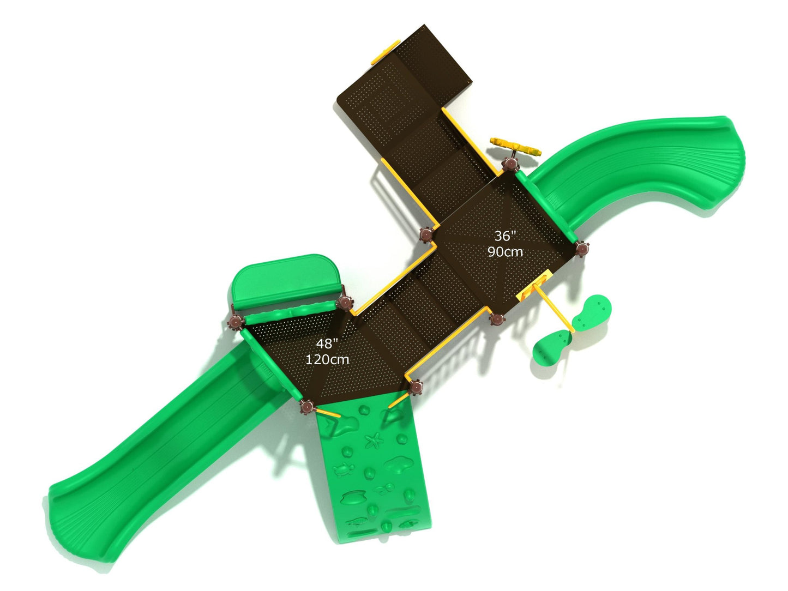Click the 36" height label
point(505,236)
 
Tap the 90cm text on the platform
point(505,252)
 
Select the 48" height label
point(327,343)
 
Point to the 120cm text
point(327,359)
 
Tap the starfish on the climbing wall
point(374,441)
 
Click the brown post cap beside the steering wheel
point(510,164)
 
